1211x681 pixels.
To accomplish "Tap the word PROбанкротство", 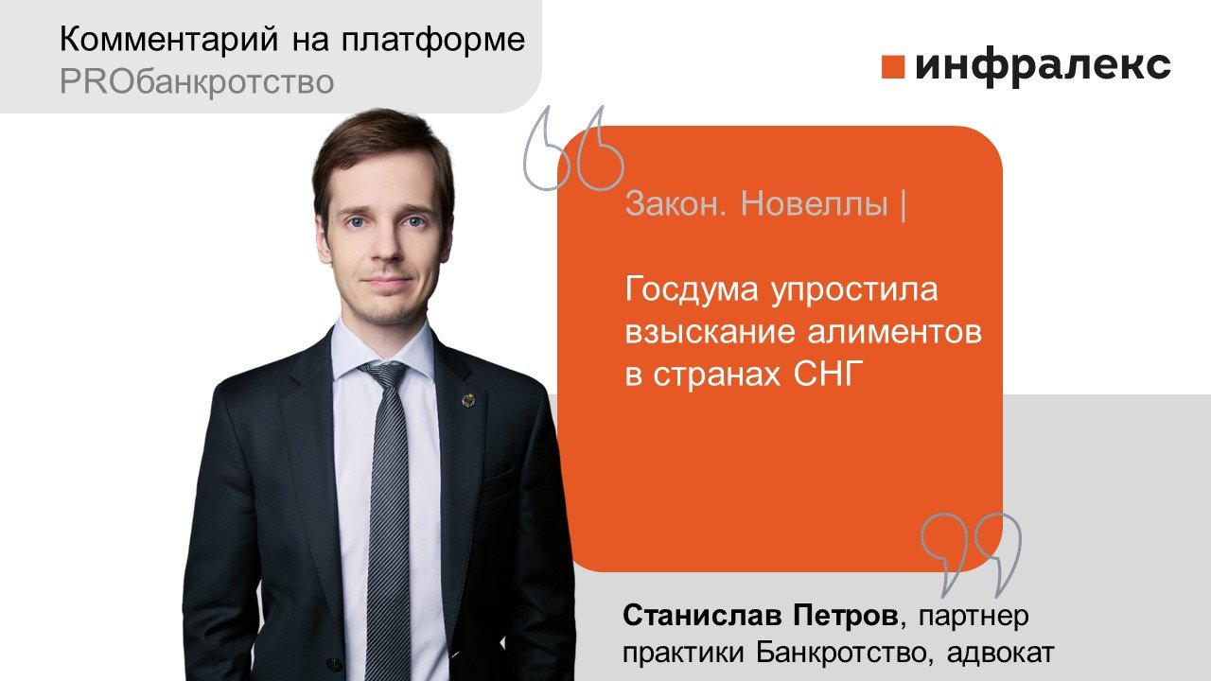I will (197, 82).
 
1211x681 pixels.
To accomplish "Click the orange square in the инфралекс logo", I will (892, 66).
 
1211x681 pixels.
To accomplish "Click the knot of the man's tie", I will (384, 376).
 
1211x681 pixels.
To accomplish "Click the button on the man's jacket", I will (332, 664).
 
